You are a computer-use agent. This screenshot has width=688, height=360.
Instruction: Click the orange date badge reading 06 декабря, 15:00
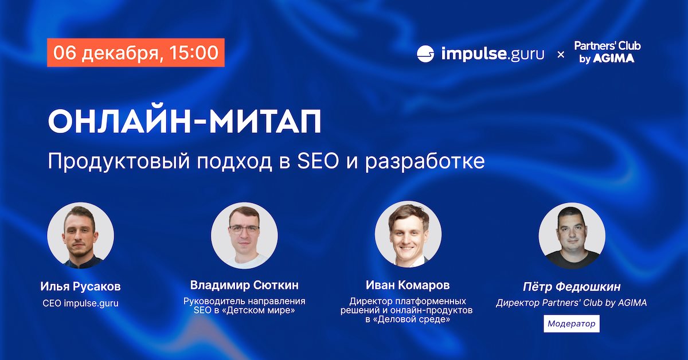click(136, 53)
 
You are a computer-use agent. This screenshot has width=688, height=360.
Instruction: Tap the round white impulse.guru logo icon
click(425, 54)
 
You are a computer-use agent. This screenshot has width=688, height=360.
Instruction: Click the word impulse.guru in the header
click(492, 54)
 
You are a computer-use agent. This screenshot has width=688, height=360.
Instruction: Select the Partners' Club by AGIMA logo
click(607, 52)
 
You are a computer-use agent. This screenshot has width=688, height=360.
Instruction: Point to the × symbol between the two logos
click(561, 54)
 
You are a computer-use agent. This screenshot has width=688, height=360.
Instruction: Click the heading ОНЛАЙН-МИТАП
click(185, 121)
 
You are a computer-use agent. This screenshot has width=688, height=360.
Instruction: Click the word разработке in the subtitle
click(425, 162)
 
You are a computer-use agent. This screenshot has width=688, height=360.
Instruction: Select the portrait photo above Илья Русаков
click(80, 235)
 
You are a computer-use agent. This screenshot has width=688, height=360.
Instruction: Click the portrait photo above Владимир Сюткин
click(244, 235)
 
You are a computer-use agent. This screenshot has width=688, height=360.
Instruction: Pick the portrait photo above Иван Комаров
click(408, 234)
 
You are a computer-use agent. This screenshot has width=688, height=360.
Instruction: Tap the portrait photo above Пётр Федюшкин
click(572, 235)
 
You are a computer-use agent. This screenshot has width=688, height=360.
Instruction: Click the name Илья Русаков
click(80, 287)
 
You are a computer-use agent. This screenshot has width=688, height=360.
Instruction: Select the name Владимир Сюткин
click(244, 285)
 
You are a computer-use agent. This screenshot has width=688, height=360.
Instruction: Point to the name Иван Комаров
click(408, 285)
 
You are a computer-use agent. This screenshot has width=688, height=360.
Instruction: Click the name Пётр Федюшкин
click(572, 287)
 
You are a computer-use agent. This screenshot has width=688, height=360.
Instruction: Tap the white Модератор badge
click(571, 323)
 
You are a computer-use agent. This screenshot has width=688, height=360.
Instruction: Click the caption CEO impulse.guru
click(80, 303)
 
